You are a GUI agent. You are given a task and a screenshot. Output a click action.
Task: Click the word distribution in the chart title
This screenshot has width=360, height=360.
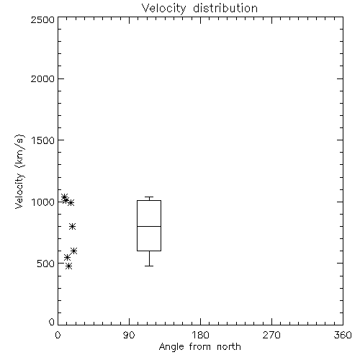(225, 9)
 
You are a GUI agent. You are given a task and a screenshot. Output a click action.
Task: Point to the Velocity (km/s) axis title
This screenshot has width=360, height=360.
(19, 171)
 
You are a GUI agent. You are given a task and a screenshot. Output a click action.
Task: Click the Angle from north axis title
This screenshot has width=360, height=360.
(199, 347)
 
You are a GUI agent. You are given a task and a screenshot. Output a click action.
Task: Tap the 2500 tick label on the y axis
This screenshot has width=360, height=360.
(42, 19)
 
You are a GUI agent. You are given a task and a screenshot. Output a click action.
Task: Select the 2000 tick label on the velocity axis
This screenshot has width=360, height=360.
(42, 78)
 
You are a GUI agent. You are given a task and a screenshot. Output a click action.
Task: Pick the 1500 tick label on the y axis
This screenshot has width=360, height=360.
(43, 140)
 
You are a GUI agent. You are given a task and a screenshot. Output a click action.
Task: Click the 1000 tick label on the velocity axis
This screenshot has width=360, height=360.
(43, 202)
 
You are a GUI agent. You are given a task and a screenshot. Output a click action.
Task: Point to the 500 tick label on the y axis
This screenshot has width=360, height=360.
(46, 264)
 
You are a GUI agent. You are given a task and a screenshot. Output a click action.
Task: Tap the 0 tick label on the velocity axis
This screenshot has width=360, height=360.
(52, 322)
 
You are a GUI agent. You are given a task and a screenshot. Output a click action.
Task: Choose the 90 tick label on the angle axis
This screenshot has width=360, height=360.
(129, 335)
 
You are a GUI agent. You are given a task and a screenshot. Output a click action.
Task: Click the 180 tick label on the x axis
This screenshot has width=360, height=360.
(200, 335)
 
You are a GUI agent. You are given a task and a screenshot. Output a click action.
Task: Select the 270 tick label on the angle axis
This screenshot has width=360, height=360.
(271, 335)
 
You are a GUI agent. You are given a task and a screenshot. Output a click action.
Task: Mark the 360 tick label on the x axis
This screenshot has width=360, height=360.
(343, 335)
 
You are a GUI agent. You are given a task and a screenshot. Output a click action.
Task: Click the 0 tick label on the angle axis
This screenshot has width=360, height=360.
(58, 335)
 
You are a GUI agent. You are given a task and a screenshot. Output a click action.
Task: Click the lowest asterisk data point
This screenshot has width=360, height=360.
(69, 266)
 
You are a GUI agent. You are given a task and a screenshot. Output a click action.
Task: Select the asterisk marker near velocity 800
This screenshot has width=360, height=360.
(73, 226)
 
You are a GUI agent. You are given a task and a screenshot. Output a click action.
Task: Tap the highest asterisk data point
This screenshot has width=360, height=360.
(64, 197)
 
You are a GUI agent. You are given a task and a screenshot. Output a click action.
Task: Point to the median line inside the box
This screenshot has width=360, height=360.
(149, 226)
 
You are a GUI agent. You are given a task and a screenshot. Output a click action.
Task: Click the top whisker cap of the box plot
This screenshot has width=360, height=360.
(149, 197)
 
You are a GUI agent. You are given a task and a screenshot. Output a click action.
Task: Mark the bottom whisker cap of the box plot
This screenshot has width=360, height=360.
(149, 266)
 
